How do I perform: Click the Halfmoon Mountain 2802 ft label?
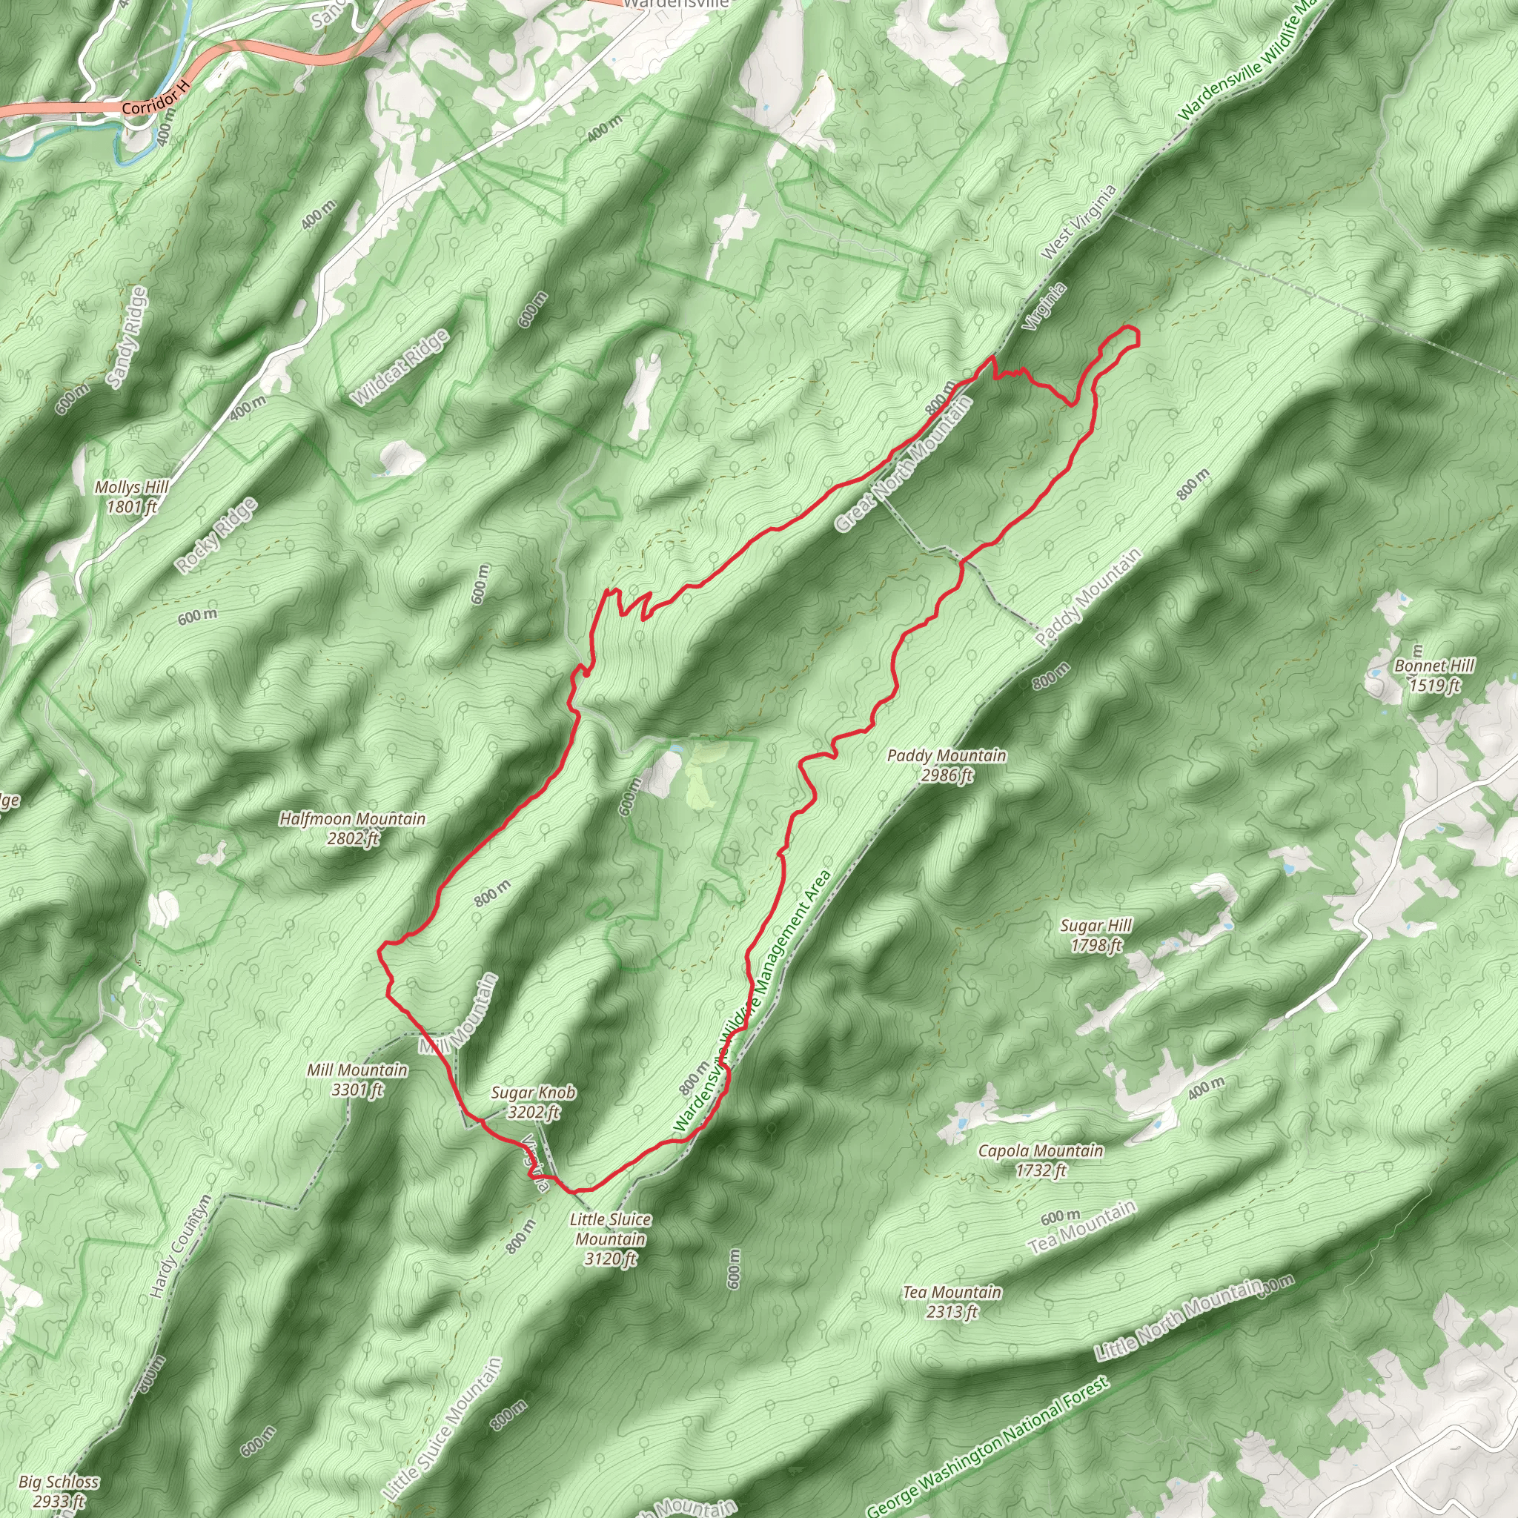[x=353, y=828]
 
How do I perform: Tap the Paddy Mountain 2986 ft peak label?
[x=946, y=764]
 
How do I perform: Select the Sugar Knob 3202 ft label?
[x=533, y=1101]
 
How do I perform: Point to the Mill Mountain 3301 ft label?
[x=357, y=1078]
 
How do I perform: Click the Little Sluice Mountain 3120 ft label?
[x=611, y=1239]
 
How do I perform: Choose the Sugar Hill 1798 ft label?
[x=1096, y=935]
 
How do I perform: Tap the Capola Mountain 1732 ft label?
[x=1040, y=1160]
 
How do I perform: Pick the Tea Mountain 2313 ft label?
[x=952, y=1301]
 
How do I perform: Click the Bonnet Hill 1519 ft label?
[x=1434, y=675]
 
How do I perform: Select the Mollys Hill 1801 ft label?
[x=131, y=497]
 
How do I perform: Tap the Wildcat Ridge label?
[x=400, y=367]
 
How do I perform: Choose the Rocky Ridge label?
[x=216, y=535]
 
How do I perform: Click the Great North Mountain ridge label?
[x=904, y=463]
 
